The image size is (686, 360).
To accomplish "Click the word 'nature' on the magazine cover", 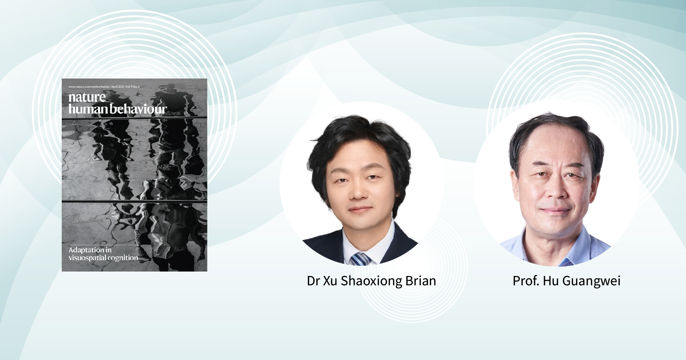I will (87, 97).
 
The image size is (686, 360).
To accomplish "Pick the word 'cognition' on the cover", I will (123, 258).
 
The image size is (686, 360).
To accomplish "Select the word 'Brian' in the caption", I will (421, 281).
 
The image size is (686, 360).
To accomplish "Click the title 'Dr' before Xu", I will (313, 281).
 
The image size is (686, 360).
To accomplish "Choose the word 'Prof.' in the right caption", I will (526, 281).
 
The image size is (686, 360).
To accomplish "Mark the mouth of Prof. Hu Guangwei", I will (555, 210).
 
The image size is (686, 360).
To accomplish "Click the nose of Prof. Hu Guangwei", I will (556, 192).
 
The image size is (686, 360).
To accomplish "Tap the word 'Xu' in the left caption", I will (330, 281).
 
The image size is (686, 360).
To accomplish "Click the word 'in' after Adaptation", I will (108, 250).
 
